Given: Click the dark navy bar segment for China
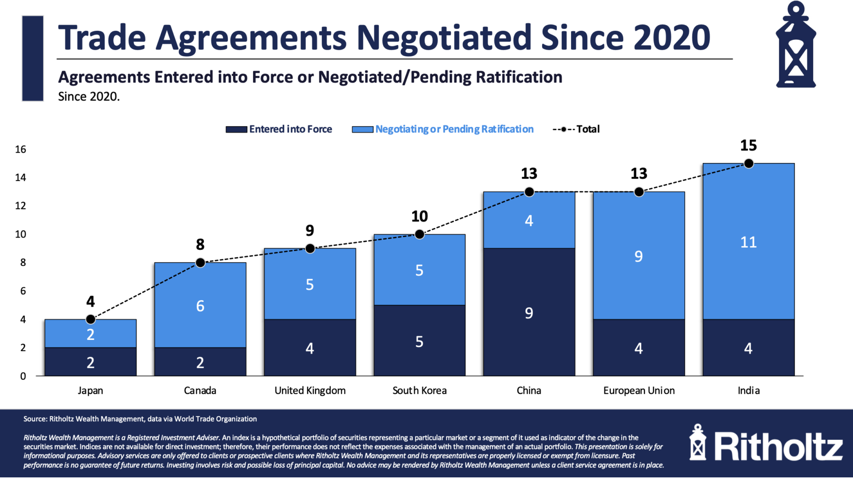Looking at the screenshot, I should (x=529, y=312).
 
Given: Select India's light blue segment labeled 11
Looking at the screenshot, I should (x=748, y=242).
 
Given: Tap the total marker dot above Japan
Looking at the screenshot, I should (x=91, y=319).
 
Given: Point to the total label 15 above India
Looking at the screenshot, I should (x=748, y=146).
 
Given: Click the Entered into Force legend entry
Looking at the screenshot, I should (x=280, y=129).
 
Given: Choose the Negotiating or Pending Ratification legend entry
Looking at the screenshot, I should (x=443, y=129).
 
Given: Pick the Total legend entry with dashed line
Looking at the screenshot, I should (x=576, y=129).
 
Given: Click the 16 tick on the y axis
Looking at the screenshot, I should (x=20, y=150).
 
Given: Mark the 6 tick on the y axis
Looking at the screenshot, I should (x=23, y=291).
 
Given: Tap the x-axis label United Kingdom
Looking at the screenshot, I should (x=310, y=391).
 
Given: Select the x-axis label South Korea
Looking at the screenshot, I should (x=419, y=391).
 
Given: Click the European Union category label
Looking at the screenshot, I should (x=639, y=391).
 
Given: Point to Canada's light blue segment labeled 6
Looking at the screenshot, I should (x=200, y=306).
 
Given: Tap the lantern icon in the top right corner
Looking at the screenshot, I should (x=796, y=45).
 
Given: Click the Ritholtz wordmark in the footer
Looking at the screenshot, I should (x=778, y=446).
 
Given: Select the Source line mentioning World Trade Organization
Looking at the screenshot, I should (x=140, y=419).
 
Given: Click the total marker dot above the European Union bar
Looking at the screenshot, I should (x=639, y=192).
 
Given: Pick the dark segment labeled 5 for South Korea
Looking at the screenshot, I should (x=419, y=341).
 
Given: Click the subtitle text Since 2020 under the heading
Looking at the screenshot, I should (x=89, y=97).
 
